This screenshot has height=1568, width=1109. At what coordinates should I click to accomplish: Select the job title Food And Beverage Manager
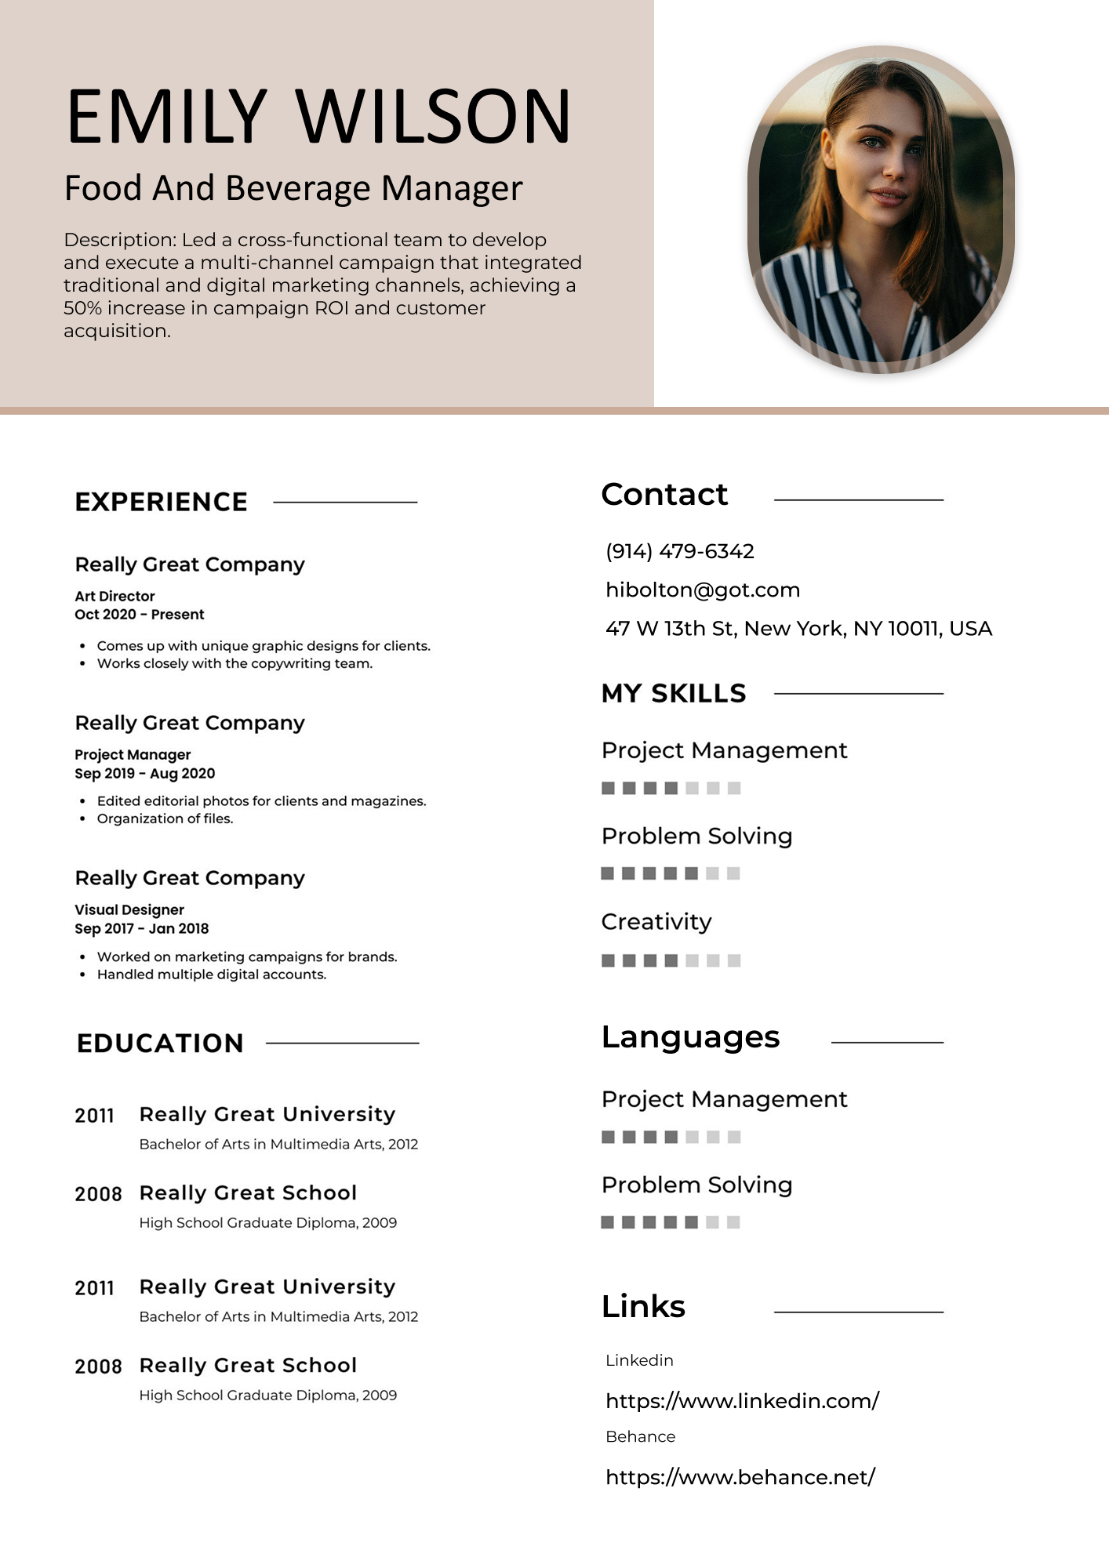293,188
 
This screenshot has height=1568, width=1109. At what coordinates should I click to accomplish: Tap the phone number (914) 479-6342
679,551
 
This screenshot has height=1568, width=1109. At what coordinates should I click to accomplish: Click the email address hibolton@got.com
703,590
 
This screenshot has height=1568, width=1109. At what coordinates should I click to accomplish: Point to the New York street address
798,629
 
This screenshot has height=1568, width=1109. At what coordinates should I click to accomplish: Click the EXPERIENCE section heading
162,502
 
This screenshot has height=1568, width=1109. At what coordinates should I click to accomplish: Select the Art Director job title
115,596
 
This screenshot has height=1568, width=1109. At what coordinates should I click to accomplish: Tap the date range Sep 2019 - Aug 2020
144,773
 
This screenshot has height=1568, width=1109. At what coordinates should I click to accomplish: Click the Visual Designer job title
129,909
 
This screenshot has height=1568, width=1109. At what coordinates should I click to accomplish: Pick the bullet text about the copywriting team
235,663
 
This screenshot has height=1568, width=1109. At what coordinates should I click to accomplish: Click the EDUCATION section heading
160,1044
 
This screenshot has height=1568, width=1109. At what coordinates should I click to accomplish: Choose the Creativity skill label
656,922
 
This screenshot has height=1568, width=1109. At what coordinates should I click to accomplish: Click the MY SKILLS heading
674,693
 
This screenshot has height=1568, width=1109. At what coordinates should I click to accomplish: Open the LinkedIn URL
742,1401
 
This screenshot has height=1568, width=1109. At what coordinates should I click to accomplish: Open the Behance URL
740,1477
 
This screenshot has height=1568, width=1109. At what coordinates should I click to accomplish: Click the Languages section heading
690,1037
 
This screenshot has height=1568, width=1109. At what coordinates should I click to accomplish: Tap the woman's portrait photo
881,210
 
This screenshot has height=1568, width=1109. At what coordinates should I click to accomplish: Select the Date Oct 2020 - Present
139,614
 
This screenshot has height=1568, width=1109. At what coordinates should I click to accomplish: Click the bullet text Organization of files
165,818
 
